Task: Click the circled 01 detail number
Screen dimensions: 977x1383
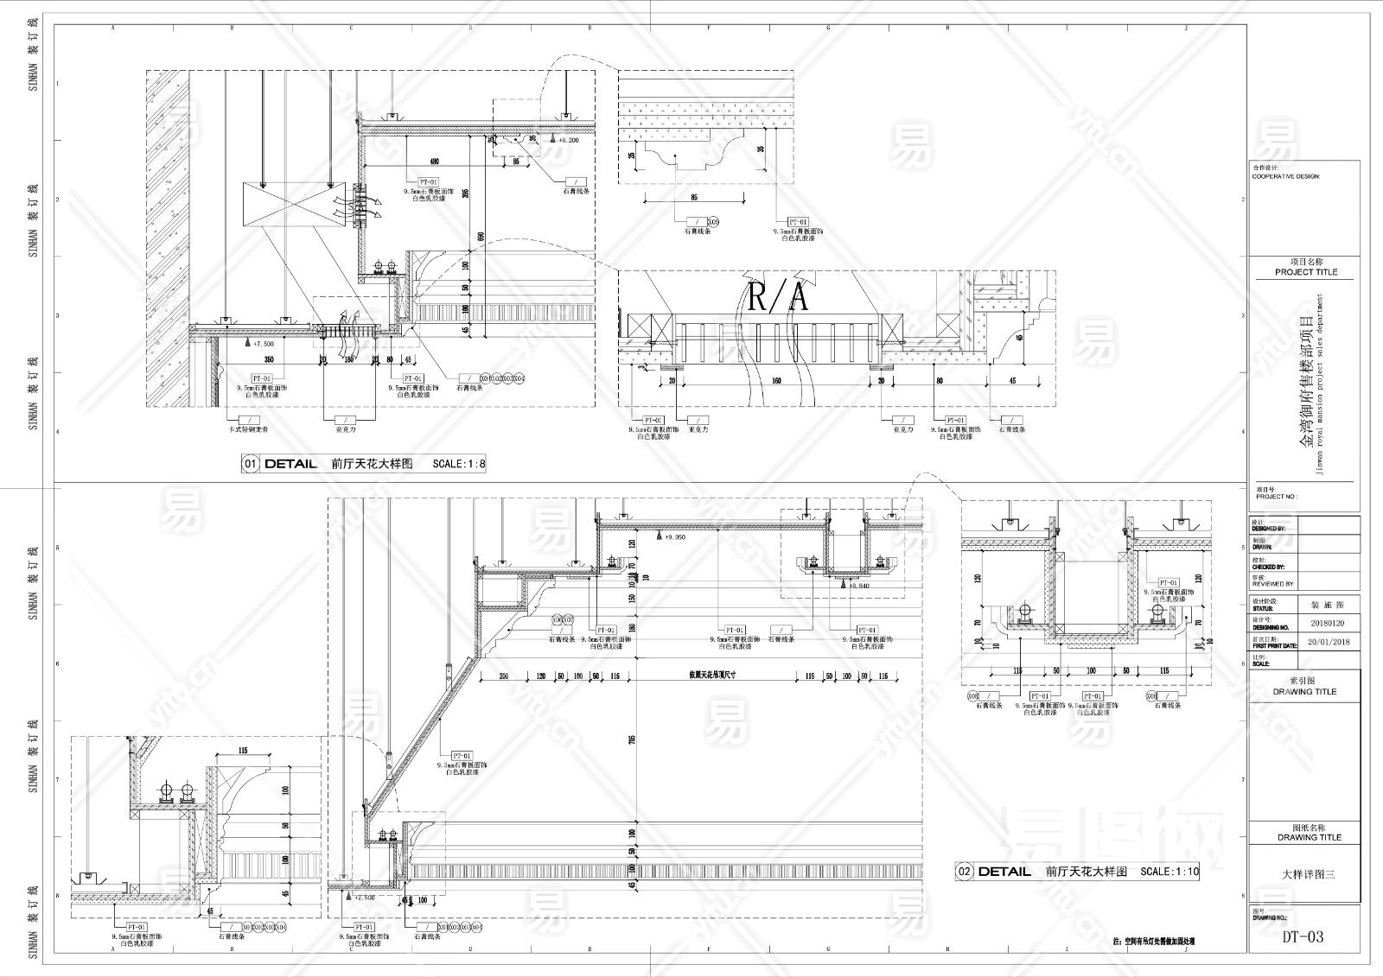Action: (250, 464)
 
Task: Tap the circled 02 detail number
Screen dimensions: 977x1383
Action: (965, 872)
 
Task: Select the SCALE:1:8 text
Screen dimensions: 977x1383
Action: (460, 464)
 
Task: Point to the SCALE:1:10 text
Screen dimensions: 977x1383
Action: (1170, 872)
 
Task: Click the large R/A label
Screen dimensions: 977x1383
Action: (778, 298)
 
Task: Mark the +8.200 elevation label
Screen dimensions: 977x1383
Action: (568, 139)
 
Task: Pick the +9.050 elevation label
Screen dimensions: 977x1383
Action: (674, 536)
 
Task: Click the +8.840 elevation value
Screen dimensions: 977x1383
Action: (858, 586)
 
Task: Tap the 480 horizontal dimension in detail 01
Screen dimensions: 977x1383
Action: (435, 162)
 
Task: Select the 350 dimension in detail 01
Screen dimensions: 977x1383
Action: (269, 358)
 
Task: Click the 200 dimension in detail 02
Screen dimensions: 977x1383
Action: (504, 676)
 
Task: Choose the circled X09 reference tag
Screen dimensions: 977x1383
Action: (714, 221)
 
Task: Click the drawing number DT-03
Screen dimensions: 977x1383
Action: (1303, 936)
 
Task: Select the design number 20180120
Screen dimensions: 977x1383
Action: (1329, 622)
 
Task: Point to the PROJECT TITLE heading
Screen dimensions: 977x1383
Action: (1306, 272)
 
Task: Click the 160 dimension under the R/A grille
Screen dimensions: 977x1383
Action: (776, 379)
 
